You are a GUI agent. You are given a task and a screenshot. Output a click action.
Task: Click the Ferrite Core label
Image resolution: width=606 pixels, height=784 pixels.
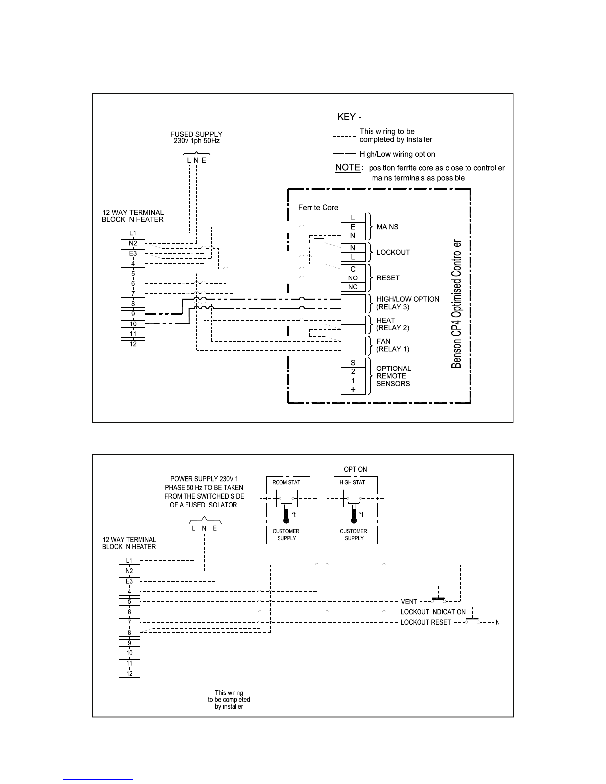(x=318, y=207)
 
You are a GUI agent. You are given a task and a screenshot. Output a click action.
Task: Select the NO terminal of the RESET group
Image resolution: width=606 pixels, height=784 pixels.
(x=353, y=278)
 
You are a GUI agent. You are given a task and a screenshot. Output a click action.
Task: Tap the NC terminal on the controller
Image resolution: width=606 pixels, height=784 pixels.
(x=353, y=287)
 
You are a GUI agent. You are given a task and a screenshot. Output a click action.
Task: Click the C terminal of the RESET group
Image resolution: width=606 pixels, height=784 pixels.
(x=353, y=269)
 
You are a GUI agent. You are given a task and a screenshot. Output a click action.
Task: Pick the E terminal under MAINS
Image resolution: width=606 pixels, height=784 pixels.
(x=353, y=227)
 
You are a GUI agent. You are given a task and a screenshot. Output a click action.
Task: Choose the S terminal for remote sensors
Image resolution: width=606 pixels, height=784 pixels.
(x=353, y=362)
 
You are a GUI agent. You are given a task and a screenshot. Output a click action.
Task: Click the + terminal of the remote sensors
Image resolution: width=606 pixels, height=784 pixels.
(x=353, y=390)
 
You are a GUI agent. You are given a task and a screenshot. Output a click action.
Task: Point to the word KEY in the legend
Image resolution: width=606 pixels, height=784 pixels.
(x=347, y=117)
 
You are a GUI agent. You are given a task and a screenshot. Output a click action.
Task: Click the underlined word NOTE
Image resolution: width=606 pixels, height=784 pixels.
(x=348, y=167)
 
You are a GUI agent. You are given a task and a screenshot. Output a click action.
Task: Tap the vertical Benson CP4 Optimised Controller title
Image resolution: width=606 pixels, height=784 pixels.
(x=456, y=303)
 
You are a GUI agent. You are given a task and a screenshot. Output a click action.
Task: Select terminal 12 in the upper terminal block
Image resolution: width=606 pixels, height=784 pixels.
(x=133, y=344)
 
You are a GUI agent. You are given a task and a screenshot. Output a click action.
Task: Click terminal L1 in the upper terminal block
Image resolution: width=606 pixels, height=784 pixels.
(x=133, y=233)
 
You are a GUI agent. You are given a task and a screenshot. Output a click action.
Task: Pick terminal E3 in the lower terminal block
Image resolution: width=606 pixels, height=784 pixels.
(x=129, y=581)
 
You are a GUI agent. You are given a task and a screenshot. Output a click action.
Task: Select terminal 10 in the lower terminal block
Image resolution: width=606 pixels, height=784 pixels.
(x=129, y=653)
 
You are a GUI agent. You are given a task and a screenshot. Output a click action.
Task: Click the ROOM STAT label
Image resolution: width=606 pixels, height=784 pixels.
(x=286, y=482)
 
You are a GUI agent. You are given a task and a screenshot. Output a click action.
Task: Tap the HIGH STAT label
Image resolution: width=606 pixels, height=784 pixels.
(x=352, y=482)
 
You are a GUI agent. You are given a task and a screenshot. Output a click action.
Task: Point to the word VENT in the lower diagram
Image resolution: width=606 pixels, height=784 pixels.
(x=409, y=602)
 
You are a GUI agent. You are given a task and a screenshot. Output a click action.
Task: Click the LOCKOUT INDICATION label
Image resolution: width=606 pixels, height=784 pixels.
(x=433, y=612)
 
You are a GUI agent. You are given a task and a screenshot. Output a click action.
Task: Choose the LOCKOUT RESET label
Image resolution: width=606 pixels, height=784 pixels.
(x=425, y=622)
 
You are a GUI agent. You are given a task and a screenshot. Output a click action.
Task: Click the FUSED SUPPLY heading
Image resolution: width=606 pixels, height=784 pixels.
(x=196, y=134)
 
